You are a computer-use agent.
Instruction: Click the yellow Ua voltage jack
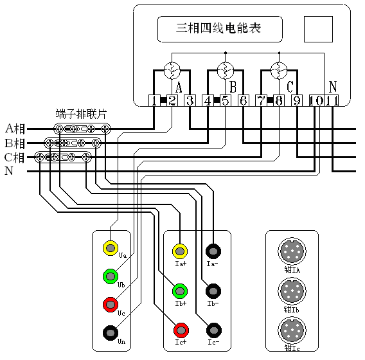(111, 248)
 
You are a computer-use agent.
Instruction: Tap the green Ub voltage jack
(111, 276)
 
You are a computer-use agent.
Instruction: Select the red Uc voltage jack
(111, 304)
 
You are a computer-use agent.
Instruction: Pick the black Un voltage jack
(111, 332)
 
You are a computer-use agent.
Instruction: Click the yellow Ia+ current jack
(181, 250)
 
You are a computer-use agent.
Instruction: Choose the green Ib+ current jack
(181, 290)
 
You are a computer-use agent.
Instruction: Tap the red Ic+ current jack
(181, 330)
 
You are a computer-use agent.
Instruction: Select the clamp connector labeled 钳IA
(291, 251)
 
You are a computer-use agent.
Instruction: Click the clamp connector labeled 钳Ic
(291, 331)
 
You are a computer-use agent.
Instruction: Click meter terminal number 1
(154, 100)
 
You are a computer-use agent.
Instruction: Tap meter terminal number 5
(226, 100)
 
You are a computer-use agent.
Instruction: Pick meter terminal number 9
(297, 100)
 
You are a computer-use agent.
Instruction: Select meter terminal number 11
(332, 100)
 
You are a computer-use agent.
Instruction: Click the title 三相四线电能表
(221, 29)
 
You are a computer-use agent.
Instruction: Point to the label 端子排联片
(81, 114)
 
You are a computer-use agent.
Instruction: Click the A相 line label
(15, 128)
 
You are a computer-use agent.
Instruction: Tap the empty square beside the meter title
(318, 30)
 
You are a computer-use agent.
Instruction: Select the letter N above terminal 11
(332, 86)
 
